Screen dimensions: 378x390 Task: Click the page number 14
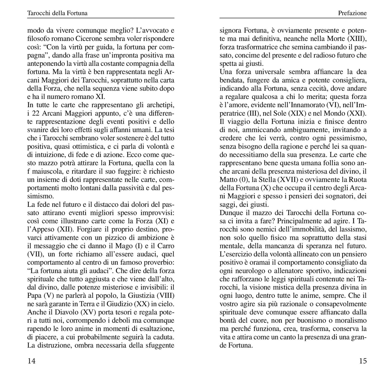(x=32, y=361)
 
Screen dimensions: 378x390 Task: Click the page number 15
(x=363, y=361)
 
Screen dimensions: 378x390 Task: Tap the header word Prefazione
(x=352, y=13)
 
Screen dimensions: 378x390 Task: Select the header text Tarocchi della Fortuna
(x=57, y=13)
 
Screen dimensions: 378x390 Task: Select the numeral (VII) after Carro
(x=33, y=254)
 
